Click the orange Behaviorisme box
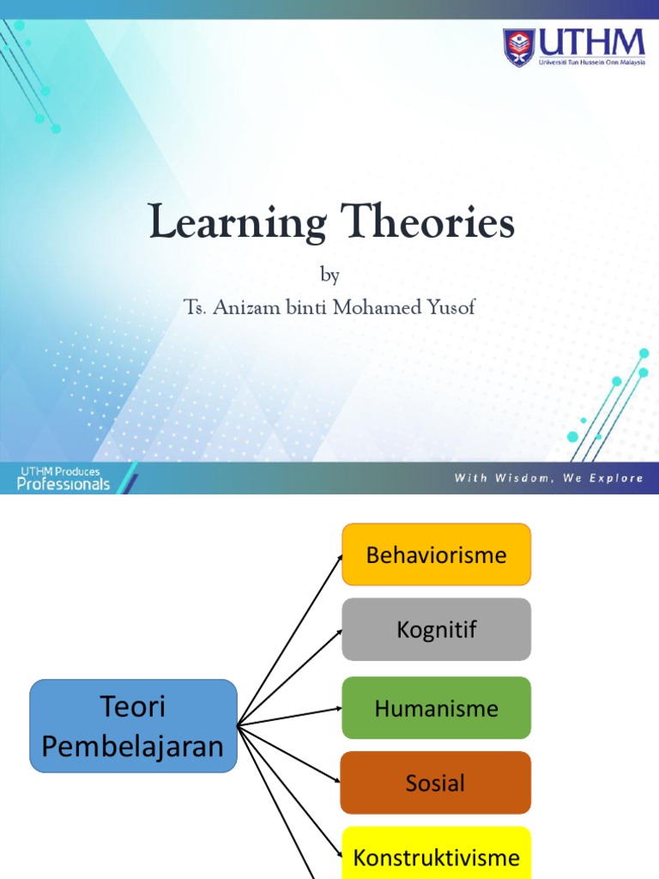436,555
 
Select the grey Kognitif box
436,629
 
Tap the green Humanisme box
436,708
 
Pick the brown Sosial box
436,783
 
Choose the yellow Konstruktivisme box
436,857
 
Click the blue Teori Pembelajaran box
133,726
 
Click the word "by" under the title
329,276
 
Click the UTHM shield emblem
518,47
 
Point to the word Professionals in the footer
63,484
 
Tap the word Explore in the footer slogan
615,478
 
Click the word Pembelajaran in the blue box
133,746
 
